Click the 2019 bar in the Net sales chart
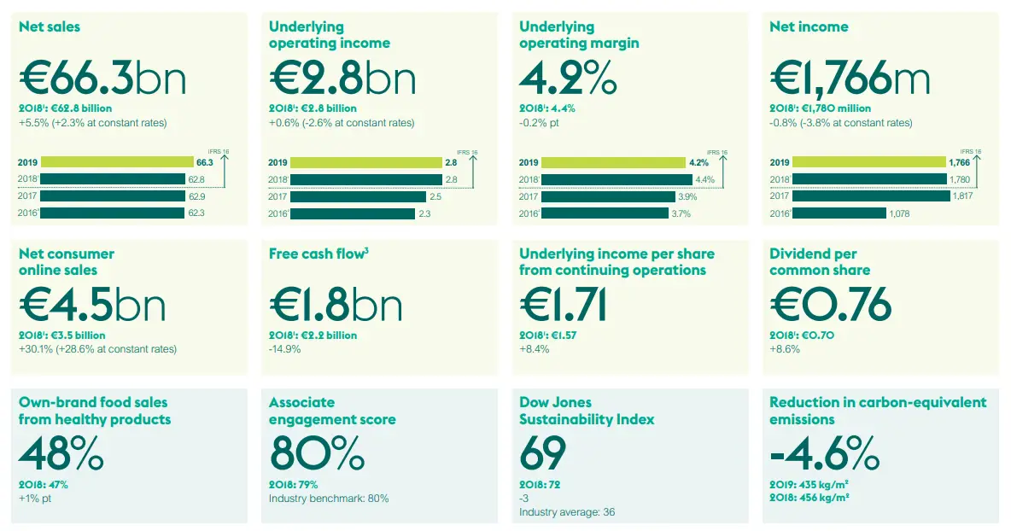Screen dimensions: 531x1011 coord(116,162)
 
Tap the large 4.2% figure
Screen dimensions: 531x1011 coord(568,79)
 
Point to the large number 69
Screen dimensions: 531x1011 coord(542,453)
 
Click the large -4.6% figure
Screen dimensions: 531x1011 coord(824,453)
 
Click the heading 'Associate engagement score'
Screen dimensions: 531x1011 coord(332,411)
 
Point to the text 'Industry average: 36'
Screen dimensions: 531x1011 coord(567,512)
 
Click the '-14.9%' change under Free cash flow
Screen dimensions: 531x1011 coord(284,349)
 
